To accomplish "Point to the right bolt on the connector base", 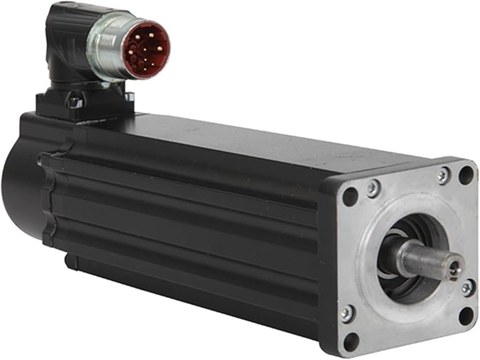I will click(129, 97).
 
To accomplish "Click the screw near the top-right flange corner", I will click(443, 175).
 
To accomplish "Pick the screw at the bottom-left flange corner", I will click(347, 314).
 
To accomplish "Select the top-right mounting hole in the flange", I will click(466, 175).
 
